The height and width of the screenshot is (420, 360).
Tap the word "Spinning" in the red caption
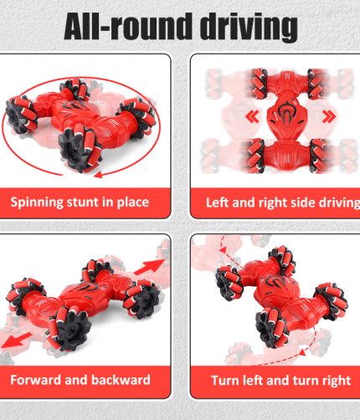[37, 202]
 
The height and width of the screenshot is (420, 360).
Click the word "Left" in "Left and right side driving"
[218, 202]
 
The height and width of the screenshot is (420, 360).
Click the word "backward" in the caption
[121, 380]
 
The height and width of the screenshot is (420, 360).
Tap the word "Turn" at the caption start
[223, 381]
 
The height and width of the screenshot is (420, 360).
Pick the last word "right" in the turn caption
[336, 381]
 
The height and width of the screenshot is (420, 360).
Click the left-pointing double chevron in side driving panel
[253, 116]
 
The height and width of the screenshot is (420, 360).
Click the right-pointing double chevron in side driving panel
[329, 116]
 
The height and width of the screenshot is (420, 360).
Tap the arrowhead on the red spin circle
[98, 175]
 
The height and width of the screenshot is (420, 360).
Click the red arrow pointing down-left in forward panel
[15, 341]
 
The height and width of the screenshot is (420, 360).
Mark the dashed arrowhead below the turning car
[302, 352]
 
